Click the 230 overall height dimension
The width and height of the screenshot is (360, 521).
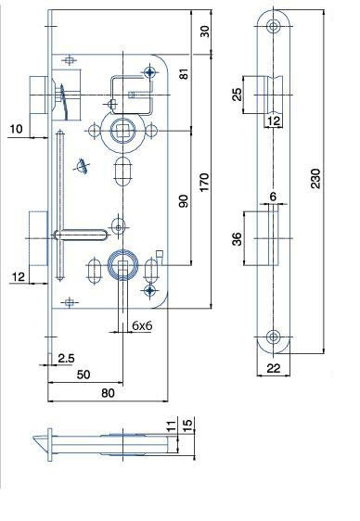point(315,179)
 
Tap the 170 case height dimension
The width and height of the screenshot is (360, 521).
point(204,182)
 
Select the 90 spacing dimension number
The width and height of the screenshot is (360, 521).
point(183,201)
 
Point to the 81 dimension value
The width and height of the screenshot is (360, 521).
point(184,74)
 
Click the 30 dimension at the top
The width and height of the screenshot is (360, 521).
point(205,32)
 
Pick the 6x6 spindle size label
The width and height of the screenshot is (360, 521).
point(142,325)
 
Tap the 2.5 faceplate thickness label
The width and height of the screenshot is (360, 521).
point(66,358)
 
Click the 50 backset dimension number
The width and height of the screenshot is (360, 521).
point(84,375)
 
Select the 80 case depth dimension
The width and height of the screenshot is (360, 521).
point(108,393)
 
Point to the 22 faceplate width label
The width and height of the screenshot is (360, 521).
point(273,368)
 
